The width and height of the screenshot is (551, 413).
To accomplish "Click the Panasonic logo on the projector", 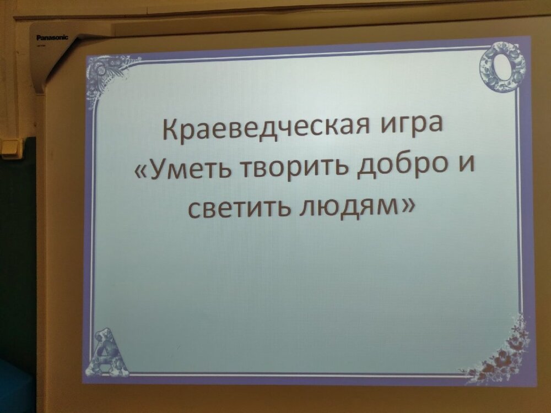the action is point(53,37).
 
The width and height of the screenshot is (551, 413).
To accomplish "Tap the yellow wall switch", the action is point(11,147).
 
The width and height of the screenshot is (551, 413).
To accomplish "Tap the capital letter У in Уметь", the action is point(158,170).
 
